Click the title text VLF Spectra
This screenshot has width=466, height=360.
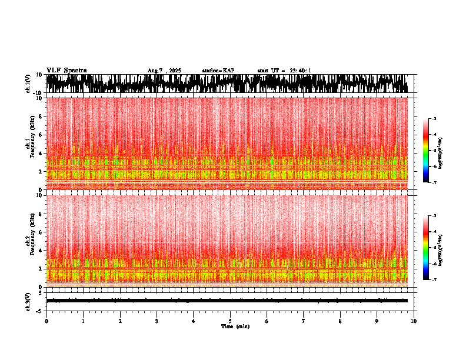click(x=66, y=70)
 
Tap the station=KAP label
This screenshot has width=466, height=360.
click(x=218, y=71)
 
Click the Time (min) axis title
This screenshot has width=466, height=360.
click(x=235, y=326)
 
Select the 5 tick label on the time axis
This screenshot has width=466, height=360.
click(x=230, y=321)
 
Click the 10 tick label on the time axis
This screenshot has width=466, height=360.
click(x=414, y=321)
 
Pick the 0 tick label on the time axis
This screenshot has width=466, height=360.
click(x=46, y=321)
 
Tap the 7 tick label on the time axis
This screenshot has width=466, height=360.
click(x=304, y=321)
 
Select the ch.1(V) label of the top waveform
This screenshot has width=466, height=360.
click(x=28, y=84)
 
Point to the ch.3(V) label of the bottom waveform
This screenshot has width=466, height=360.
click(x=28, y=301)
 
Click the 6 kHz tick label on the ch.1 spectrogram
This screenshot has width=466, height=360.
click(x=41, y=135)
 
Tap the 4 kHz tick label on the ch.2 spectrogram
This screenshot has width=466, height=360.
click(x=41, y=250)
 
